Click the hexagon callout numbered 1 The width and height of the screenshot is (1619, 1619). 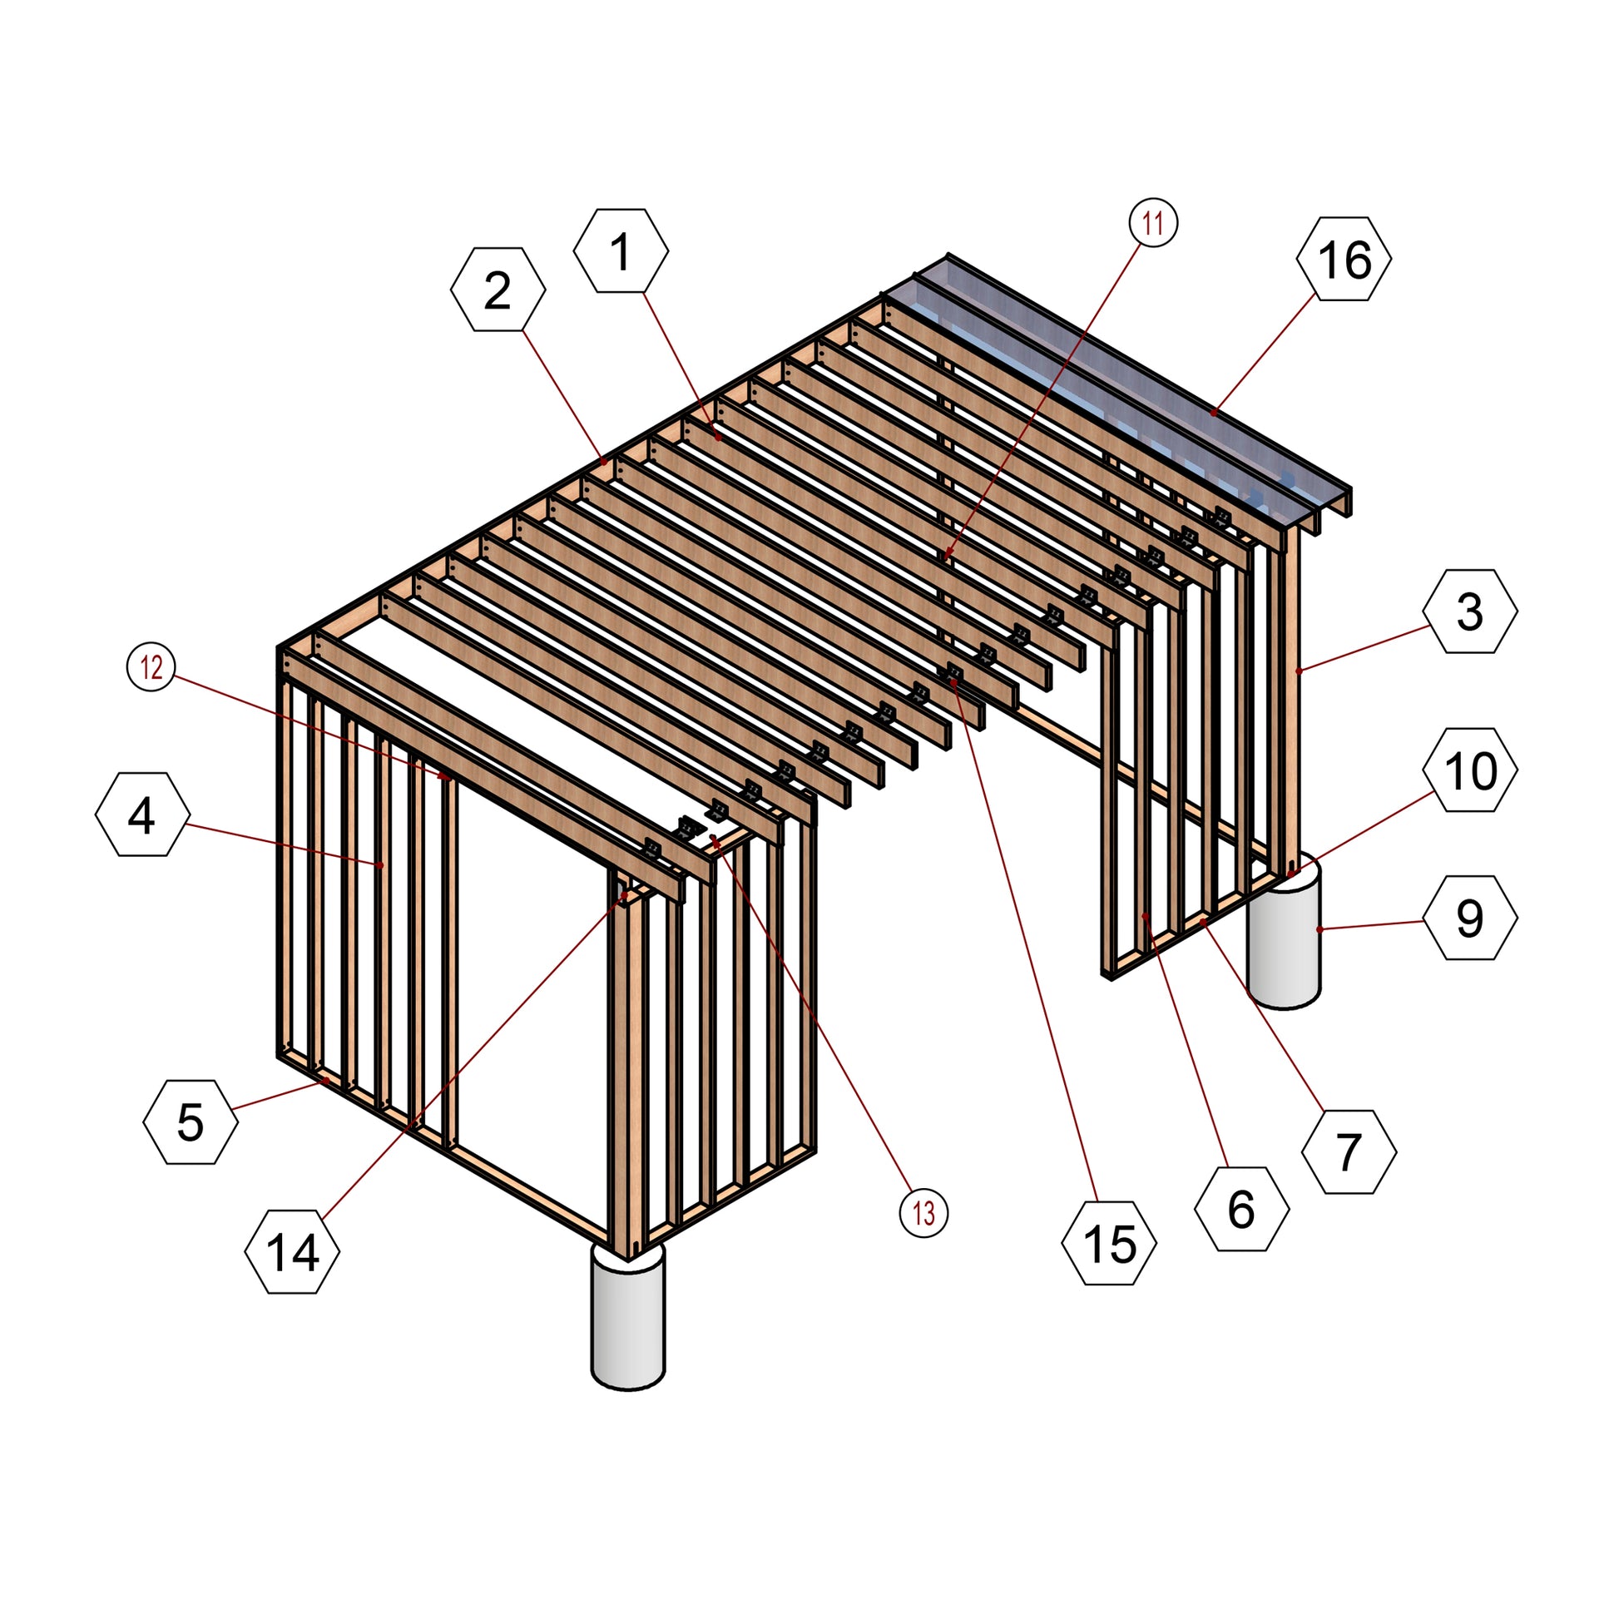(x=621, y=250)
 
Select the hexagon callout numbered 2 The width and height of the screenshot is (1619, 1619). (x=498, y=290)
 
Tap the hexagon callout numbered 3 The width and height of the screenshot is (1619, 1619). (x=1470, y=611)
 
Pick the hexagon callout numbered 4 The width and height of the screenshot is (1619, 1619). (x=142, y=814)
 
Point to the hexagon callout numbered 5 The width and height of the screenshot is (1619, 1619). (x=191, y=1121)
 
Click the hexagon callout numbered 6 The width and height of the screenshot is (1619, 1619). (x=1241, y=1208)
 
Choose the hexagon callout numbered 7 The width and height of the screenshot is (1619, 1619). (x=1349, y=1151)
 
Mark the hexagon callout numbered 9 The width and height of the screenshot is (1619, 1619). (x=1470, y=918)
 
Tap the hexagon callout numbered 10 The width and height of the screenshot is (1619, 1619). (x=1470, y=770)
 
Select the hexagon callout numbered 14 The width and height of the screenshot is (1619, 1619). (x=293, y=1252)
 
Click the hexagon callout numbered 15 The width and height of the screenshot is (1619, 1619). (x=1109, y=1243)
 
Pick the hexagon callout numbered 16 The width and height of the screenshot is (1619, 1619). (x=1344, y=258)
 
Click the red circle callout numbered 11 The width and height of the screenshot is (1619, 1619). (x=1153, y=223)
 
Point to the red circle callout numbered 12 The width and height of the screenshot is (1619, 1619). (x=151, y=668)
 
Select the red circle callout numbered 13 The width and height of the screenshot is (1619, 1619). (x=923, y=1212)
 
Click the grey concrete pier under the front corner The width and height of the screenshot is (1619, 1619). (x=627, y=1316)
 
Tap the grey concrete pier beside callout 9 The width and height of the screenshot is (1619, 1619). (x=1284, y=934)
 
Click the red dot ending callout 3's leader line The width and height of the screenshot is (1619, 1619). (x=1298, y=671)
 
